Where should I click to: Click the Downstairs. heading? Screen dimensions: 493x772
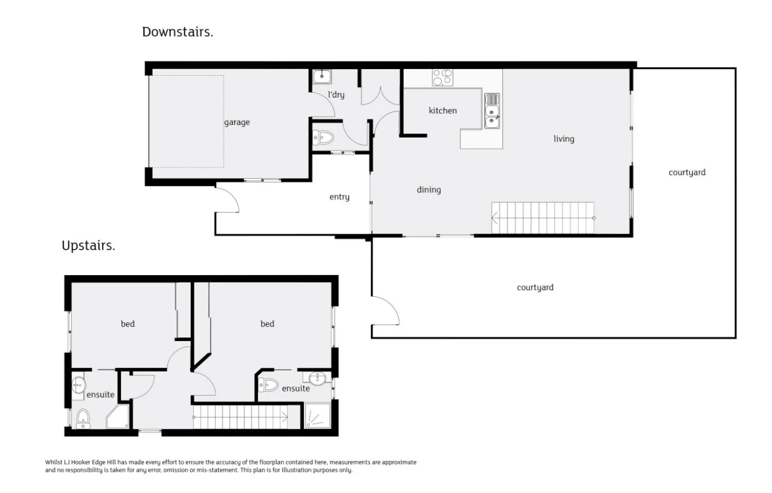[x=178, y=32]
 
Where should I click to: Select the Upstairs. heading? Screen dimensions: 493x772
[x=88, y=246]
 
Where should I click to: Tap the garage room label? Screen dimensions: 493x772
[x=237, y=123]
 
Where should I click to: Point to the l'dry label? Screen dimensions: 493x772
[x=336, y=95]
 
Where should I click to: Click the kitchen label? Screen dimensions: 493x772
[x=442, y=111]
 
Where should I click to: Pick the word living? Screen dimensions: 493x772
[x=563, y=139]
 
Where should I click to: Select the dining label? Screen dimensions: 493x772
[x=429, y=190]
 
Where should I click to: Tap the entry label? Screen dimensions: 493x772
[x=339, y=197]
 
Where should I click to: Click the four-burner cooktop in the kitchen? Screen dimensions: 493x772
[x=442, y=78]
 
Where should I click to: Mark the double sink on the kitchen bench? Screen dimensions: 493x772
[x=492, y=111]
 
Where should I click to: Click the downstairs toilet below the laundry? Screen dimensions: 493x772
[x=324, y=138]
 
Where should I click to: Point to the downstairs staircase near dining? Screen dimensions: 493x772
[x=543, y=218]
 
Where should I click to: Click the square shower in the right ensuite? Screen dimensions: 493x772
[x=317, y=415]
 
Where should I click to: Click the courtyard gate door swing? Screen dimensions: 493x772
[x=386, y=311]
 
